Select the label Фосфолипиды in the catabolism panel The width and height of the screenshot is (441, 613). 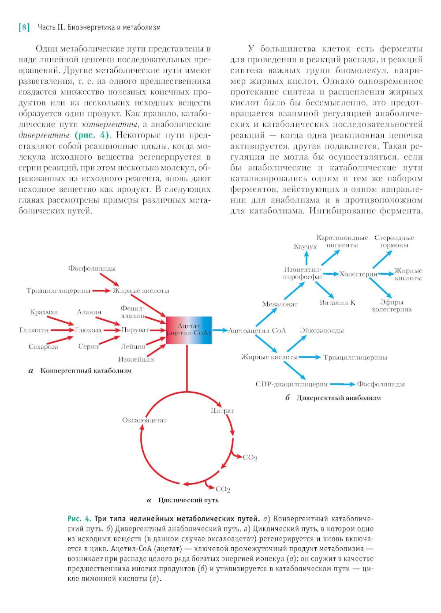(x=92, y=269)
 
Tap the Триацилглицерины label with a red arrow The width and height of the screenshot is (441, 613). (x=58, y=291)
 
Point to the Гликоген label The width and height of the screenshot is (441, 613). (x=34, y=330)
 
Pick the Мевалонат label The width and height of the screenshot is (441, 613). (x=280, y=304)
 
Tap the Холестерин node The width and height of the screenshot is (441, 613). (x=359, y=274)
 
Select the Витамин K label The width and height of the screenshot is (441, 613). (x=337, y=303)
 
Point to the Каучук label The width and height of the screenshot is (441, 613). (x=305, y=247)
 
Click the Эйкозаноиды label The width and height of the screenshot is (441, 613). (x=321, y=330)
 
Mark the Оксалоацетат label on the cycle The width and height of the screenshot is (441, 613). (x=144, y=420)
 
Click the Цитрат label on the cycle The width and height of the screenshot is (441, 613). (x=222, y=411)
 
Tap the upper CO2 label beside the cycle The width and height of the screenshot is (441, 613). (x=250, y=458)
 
